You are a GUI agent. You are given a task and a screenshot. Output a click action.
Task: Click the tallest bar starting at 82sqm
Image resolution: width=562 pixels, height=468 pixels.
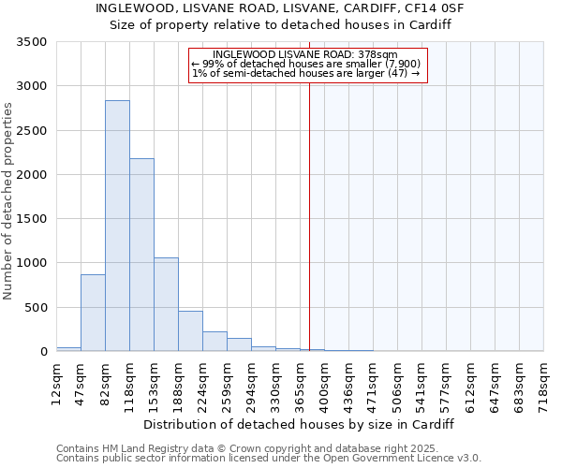(x=117, y=226)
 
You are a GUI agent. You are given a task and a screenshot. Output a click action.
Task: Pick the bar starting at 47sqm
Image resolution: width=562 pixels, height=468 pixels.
(x=93, y=313)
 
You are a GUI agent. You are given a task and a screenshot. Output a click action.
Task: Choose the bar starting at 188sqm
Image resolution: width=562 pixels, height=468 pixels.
(x=190, y=330)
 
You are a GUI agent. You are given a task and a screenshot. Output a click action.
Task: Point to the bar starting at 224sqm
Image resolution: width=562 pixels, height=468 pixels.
(x=214, y=341)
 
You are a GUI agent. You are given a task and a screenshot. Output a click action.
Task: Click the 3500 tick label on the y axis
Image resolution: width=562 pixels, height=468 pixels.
(x=33, y=42)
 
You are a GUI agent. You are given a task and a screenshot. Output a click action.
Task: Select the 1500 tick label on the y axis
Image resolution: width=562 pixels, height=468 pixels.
(x=33, y=219)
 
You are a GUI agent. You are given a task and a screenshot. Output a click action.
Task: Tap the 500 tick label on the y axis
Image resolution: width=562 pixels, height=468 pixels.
(x=37, y=307)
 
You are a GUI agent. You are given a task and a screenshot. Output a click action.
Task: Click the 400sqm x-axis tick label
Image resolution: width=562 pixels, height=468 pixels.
(x=324, y=383)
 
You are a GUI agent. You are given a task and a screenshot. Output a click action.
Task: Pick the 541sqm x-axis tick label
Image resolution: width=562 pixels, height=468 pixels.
(x=421, y=383)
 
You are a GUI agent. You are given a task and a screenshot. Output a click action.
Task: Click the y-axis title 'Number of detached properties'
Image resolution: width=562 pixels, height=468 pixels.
(x=8, y=201)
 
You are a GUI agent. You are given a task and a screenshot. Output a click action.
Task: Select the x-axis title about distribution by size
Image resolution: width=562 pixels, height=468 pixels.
(x=300, y=424)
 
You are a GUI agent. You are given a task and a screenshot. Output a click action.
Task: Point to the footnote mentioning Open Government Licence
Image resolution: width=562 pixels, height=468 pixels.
(x=269, y=459)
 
